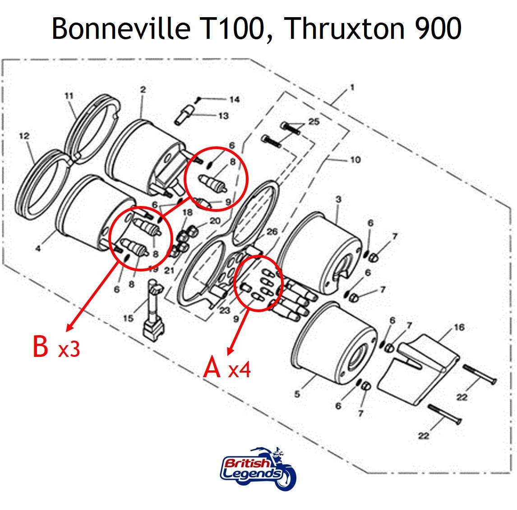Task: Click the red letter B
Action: pos(41,346)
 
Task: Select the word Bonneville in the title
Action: pos(121,28)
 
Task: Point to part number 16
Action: pos(459,327)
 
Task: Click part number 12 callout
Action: pos(24,136)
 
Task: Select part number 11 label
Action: pos(69,96)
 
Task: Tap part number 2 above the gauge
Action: pos(143,89)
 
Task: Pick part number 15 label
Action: pos(129,318)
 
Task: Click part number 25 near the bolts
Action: pos(314,121)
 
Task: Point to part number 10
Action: pos(355,159)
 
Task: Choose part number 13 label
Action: pos(223,116)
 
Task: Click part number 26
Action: pos(272,232)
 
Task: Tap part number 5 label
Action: pos(297,394)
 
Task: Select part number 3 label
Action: pos(338,199)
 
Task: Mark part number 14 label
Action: pos(235,99)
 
